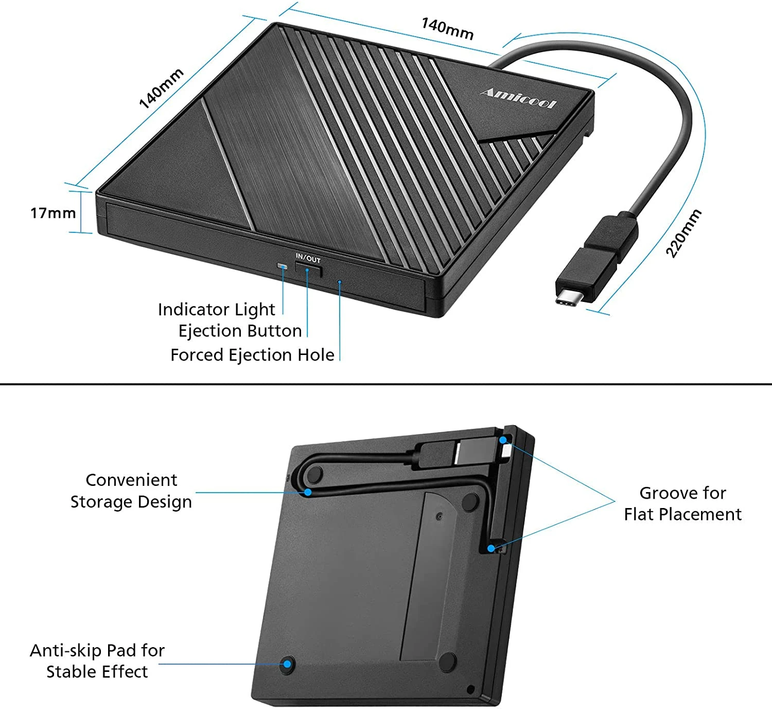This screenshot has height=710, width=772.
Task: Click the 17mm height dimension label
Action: (53, 213)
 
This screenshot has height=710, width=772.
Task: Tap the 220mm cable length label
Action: (683, 233)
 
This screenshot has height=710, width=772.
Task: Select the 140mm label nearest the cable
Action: (447, 28)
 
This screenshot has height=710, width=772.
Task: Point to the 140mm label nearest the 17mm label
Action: (161, 89)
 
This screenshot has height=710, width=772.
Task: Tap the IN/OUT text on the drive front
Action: (308, 258)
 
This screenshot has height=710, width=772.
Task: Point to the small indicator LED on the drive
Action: (283, 266)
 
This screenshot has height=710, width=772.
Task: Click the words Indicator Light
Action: (216, 310)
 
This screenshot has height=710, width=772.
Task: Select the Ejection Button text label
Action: (240, 331)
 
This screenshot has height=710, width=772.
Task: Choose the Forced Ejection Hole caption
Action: (253, 355)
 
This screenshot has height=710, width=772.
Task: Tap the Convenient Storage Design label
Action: (131, 491)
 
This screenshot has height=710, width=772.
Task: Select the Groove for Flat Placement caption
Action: (683, 503)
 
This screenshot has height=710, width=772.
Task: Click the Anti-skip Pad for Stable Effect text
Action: (97, 661)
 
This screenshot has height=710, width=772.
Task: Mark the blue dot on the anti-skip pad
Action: (287, 664)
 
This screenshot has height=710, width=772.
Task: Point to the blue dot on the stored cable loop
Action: (308, 492)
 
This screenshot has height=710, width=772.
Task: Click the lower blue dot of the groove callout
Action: (491, 548)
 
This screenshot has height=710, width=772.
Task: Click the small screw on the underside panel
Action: (440, 516)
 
